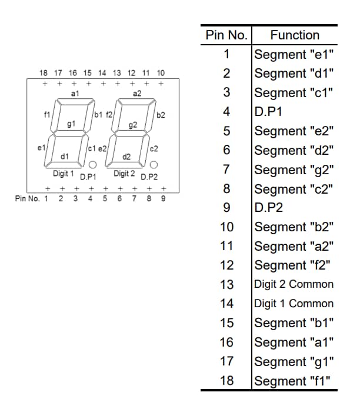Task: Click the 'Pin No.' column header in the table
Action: pos(226,35)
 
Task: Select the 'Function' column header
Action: pos(295,35)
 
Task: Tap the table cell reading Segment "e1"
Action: pos(294,55)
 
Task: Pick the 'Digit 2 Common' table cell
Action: pos(294,284)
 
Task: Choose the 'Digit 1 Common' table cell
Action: pos(294,304)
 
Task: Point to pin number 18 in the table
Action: pos(226,380)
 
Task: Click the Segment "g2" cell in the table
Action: pos(294,170)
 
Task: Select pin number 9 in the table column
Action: pos(226,208)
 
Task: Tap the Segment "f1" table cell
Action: pos(294,380)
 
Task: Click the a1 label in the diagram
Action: pos(75,94)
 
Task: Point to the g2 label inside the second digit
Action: pos(132,125)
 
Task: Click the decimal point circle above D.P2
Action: pos(154,165)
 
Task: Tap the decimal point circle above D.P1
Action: pos(92,165)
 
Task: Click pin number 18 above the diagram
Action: pos(44,73)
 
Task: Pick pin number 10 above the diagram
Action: pos(161,73)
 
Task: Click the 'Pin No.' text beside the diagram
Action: pos(28,198)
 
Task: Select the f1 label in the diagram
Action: pos(47,114)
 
